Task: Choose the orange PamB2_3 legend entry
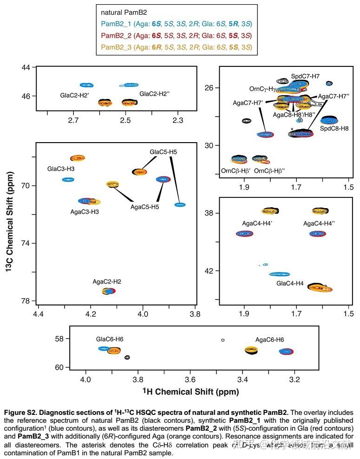(176, 47)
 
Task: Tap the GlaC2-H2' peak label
(74, 95)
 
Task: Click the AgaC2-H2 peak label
(107, 282)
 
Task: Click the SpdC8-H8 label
(334, 128)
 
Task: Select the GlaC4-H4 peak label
(290, 283)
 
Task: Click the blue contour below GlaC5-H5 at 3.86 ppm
(180, 205)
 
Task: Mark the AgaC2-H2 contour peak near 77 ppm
(108, 291)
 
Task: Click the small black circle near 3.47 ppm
(223, 340)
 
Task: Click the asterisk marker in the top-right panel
(292, 129)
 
